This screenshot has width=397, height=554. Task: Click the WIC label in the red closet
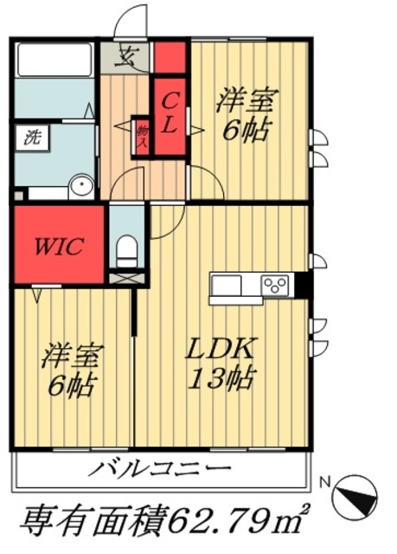[59, 246]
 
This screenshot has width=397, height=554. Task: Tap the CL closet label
[170, 113]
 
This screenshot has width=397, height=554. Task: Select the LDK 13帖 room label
[221, 364]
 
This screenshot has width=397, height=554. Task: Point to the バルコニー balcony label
[161, 471]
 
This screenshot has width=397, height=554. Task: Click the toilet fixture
[126, 248]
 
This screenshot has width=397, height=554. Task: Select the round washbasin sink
[81, 186]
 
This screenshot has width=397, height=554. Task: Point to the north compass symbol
[355, 494]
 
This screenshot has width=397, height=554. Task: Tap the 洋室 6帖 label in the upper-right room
[246, 115]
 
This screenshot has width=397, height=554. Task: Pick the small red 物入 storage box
[142, 135]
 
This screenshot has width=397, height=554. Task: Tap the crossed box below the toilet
[126, 279]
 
